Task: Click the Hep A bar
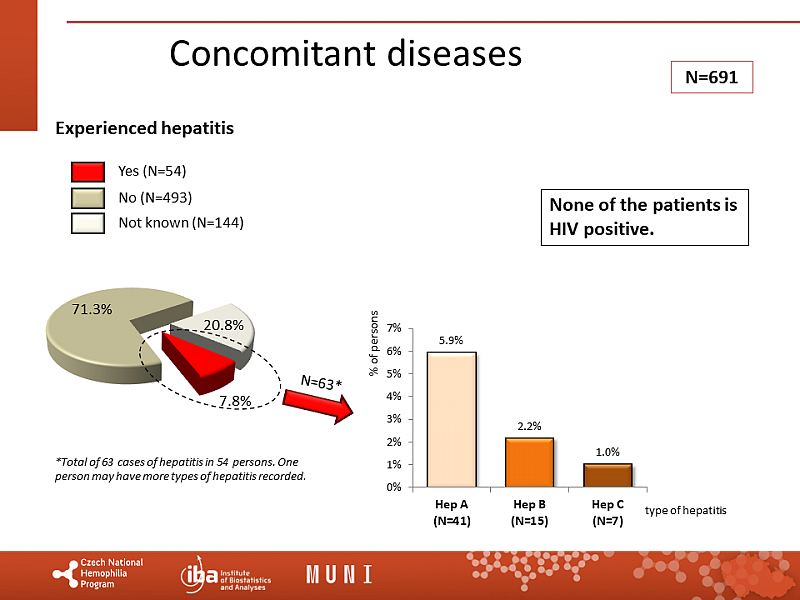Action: pyautogui.click(x=451, y=420)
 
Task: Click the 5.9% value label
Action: pyautogui.click(x=451, y=341)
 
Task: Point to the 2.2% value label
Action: pyautogui.click(x=529, y=427)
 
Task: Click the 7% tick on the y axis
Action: pyautogui.click(x=394, y=328)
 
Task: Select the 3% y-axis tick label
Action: pyautogui.click(x=394, y=419)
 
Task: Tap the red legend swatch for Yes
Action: pyautogui.click(x=88, y=171)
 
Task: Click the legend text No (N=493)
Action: pyautogui.click(x=155, y=197)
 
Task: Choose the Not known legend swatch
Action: pyautogui.click(x=88, y=222)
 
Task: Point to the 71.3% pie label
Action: pyautogui.click(x=91, y=309)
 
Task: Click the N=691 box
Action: pyautogui.click(x=710, y=77)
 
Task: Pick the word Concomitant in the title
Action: pyautogui.click(x=263, y=53)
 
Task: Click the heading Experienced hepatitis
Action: pyautogui.click(x=144, y=128)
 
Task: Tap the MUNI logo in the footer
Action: pyautogui.click(x=339, y=575)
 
